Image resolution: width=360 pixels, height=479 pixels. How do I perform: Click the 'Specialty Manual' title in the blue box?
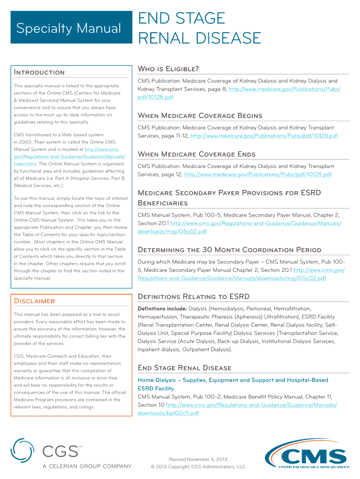69,29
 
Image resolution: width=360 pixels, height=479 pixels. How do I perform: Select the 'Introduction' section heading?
39,72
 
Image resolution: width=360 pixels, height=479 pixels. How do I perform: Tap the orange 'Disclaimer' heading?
35,301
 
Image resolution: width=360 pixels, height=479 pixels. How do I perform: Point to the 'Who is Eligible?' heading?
168,69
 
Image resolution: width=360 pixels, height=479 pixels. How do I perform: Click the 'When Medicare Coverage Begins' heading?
200,116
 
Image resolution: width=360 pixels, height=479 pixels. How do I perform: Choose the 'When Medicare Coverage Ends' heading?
196,154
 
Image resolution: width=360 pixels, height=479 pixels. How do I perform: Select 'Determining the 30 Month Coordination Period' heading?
230,249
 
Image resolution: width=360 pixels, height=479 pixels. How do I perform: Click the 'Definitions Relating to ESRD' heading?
194,297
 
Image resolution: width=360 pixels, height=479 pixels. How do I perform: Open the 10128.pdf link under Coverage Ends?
258,174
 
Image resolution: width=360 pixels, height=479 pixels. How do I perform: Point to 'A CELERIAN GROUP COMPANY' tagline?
87,466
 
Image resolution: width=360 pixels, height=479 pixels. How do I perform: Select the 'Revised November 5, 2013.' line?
198,459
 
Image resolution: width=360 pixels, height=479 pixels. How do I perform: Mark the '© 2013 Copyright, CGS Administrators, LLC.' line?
198,467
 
